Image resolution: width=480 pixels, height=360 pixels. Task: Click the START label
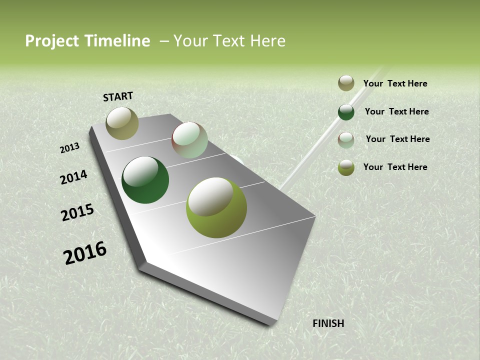118,96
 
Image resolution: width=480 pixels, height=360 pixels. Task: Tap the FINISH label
328,323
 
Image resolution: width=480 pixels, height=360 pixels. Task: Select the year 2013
69,147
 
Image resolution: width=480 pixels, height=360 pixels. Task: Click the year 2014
74,177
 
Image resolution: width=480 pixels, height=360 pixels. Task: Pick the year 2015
77,212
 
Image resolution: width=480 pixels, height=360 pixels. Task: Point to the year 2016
85,253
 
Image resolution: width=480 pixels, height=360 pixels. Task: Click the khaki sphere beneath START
122,123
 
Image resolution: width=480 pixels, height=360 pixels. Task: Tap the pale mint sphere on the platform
189,140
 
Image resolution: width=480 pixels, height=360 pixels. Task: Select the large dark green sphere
145,180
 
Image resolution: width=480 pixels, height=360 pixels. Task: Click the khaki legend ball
346,83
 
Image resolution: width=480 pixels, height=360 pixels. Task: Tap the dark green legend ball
346,112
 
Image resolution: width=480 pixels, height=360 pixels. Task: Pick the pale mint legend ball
346,140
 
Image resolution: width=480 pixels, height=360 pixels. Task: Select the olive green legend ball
346,167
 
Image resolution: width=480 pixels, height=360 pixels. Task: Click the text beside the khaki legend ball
395,83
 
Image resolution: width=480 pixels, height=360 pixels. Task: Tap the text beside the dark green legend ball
396,111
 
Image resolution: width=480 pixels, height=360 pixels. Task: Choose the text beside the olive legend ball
395,167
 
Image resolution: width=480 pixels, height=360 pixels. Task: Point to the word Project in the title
53,41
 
